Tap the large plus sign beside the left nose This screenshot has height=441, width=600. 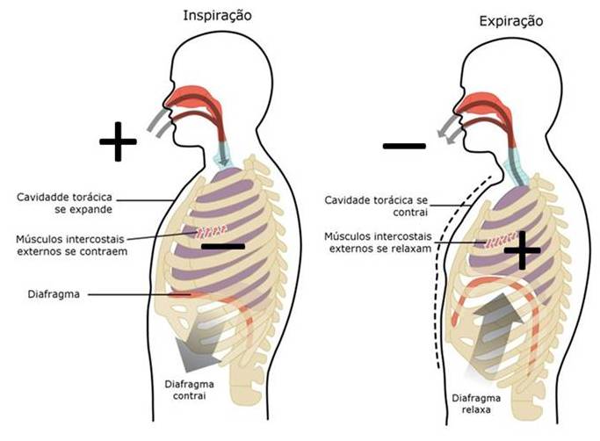click(118, 141)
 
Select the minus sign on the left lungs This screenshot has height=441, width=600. click(222, 247)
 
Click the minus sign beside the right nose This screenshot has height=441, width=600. click(405, 145)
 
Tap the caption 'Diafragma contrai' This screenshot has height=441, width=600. click(190, 390)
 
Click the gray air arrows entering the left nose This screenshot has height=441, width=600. click(158, 124)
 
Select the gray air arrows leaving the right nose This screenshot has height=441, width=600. click(451, 127)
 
